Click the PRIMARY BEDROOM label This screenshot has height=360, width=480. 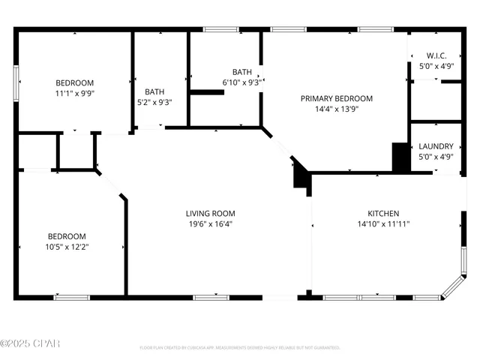337,98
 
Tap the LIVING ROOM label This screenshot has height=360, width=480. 211,213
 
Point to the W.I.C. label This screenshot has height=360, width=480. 436,55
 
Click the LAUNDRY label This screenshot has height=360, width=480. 436,146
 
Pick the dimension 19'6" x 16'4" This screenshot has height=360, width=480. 211,223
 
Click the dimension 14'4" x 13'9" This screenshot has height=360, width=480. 337,109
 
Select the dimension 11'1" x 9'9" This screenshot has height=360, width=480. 74,93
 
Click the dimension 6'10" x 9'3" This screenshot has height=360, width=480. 241,82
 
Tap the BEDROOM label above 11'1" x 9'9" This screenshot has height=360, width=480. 74,82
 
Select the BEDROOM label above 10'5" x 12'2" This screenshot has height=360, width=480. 67,235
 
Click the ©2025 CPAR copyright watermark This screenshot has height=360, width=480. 30,343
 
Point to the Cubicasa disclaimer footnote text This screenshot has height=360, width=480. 240,348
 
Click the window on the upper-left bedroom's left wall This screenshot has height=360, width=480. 16,82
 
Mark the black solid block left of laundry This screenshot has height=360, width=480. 399,157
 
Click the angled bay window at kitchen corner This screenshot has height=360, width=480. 453,289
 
